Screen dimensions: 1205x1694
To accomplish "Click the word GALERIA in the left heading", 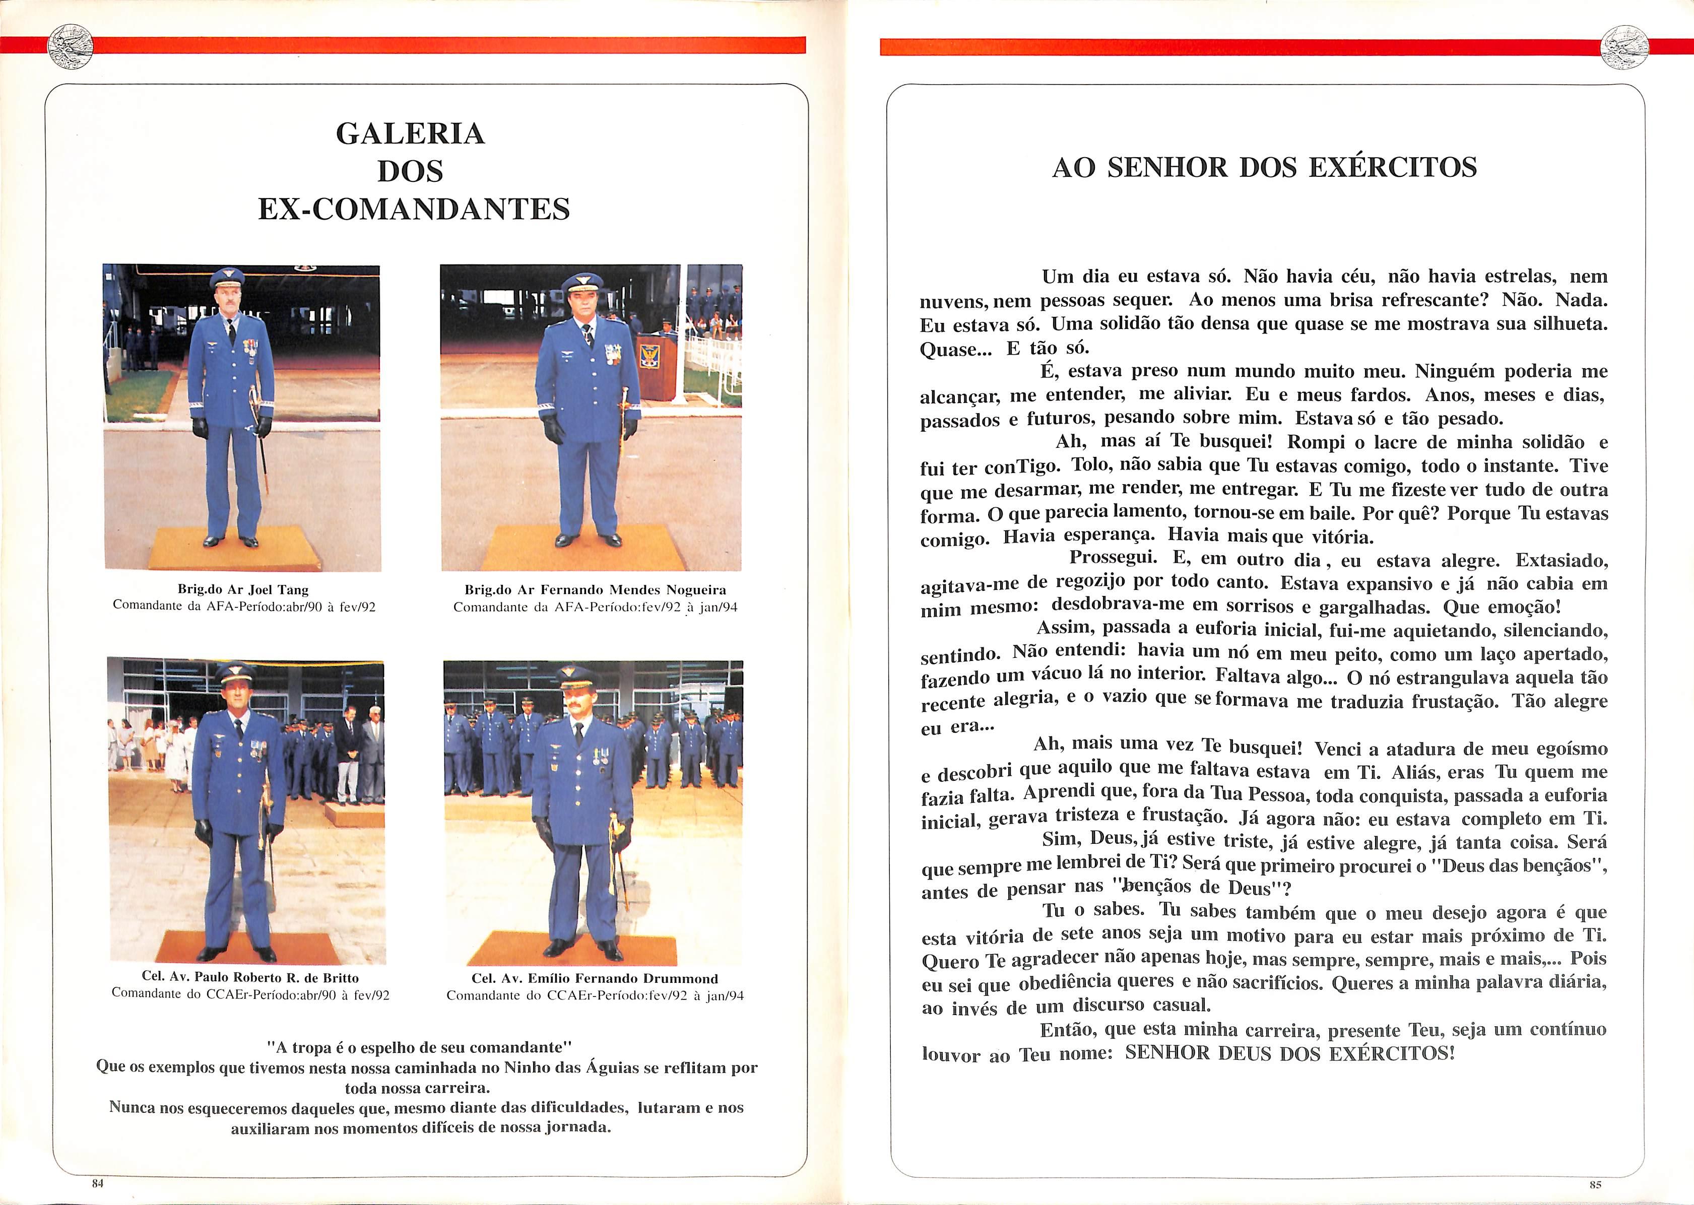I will (410, 133).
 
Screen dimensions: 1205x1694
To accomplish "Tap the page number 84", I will (97, 1183).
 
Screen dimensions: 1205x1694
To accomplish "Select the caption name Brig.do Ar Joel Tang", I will (243, 590).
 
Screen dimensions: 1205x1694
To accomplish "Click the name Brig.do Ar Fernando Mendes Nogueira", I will (595, 590).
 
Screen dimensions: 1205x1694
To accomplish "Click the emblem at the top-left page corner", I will (70, 46).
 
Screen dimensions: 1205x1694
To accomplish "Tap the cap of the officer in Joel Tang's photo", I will (227, 279).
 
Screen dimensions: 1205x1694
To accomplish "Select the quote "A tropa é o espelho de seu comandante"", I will (419, 1048).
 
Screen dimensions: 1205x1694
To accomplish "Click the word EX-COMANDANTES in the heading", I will (413, 209).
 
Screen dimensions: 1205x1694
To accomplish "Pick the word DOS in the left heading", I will (410, 171).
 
